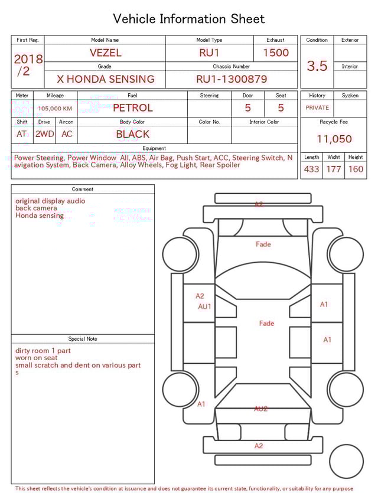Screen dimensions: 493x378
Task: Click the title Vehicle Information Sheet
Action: tap(189, 19)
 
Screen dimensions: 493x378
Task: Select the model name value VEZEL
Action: tap(105, 53)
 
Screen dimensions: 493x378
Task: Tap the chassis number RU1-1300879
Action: tap(232, 79)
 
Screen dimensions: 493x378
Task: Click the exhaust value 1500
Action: tap(276, 53)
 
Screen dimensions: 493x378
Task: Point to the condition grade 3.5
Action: tap(317, 66)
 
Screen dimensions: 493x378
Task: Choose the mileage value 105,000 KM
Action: tap(55, 109)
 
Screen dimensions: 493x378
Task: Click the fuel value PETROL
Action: tap(132, 108)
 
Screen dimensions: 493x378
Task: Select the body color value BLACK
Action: tap(132, 134)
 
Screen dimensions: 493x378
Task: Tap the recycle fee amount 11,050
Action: tap(334, 139)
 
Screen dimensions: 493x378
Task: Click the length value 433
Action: tap(311, 169)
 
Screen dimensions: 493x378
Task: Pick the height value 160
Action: tap(356, 169)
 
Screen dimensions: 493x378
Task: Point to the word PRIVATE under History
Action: tap(317, 108)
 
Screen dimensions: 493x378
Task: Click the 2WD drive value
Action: tap(44, 134)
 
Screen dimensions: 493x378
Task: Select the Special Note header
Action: tap(83, 339)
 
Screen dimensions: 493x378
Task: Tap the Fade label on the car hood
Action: tap(263, 244)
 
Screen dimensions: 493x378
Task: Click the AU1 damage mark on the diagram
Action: tap(204, 306)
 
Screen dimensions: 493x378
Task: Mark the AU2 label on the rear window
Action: tap(261, 409)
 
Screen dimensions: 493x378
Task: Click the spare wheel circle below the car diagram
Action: tap(346, 461)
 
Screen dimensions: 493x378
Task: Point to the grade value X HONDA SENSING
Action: tap(105, 79)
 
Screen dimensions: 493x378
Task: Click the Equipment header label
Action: tap(154, 148)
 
